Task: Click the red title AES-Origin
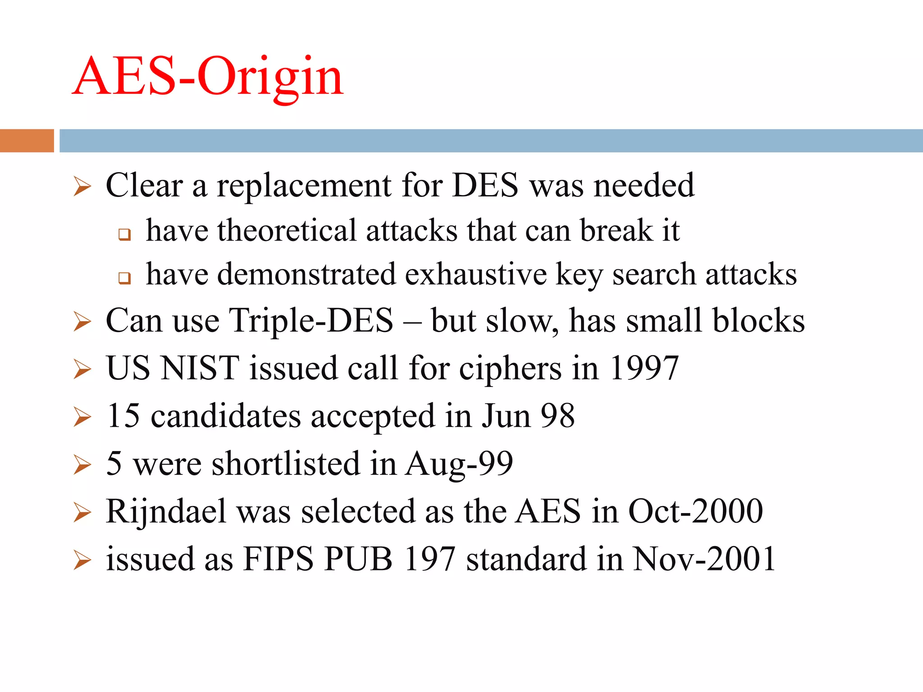(208, 77)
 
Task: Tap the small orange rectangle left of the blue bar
(27, 141)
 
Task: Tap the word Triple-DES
(311, 320)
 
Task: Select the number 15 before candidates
(123, 415)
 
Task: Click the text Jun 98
(528, 415)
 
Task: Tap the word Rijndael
(166, 511)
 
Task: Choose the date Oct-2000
(695, 511)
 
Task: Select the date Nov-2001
(704, 559)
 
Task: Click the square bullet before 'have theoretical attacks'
(124, 234)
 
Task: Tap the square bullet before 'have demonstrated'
(124, 278)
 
